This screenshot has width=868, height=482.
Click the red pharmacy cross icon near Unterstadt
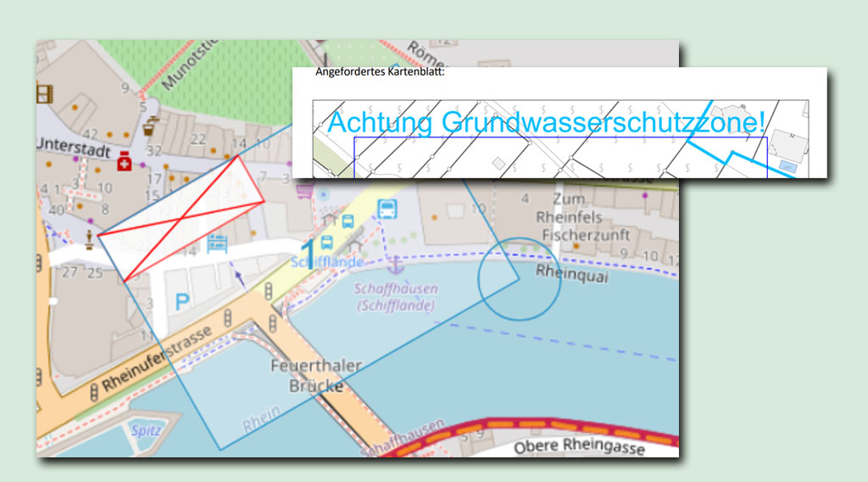(125, 160)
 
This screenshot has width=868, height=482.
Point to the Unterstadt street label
(73, 147)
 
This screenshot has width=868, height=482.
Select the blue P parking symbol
(182, 300)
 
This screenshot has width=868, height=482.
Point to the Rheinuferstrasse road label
(156, 361)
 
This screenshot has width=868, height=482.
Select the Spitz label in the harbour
(145, 430)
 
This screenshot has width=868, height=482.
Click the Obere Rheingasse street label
(579, 446)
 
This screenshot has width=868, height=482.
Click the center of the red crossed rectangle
(181, 218)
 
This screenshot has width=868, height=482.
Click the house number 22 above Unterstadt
(199, 139)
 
